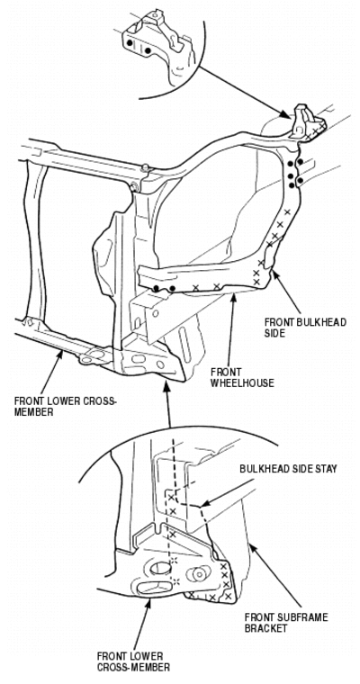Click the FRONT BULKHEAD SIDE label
305,328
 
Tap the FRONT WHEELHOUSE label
242,378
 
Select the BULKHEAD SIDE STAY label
288,469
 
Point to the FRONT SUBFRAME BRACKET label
286,623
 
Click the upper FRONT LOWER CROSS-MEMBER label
66,406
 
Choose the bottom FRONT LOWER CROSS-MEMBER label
133,661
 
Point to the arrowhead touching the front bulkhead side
274,274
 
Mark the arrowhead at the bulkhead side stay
205,504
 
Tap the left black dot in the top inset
130,43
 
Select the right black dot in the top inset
148,50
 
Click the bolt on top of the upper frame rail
145,167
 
